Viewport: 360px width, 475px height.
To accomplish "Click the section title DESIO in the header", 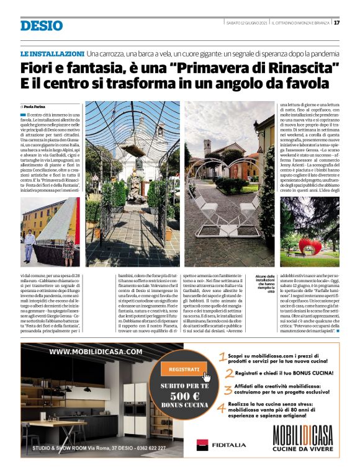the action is (42, 25).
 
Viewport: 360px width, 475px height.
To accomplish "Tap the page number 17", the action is (336, 23).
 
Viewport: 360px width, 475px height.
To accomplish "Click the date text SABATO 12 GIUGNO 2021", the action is (248, 23).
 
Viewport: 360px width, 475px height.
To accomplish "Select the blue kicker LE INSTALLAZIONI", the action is (52, 55).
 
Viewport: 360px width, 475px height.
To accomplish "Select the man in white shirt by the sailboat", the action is (29, 245).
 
